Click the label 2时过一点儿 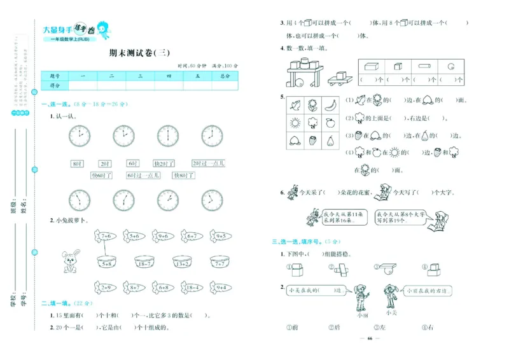(209, 163)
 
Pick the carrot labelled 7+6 (106, 236)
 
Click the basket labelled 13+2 (183, 262)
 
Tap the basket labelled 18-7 (144, 262)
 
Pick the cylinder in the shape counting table (422, 66)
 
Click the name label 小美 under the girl (391, 312)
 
